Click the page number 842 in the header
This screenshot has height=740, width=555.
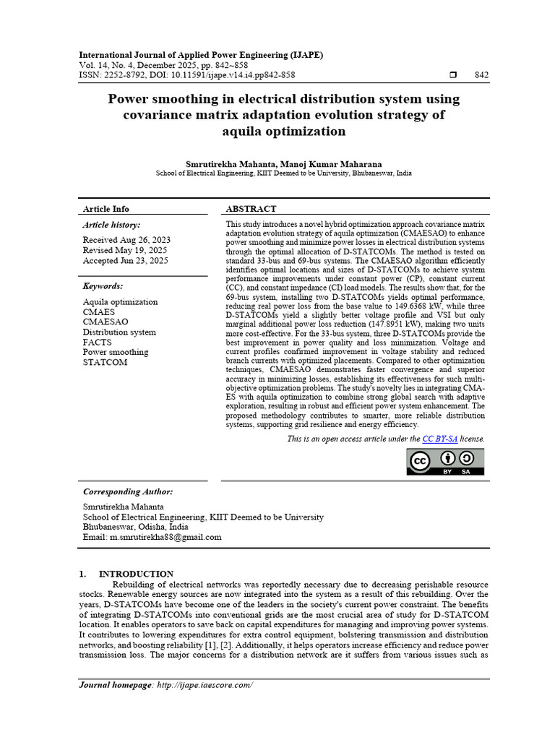(x=481, y=75)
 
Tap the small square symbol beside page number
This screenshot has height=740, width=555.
(x=453, y=75)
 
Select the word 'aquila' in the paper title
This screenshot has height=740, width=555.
(x=252, y=132)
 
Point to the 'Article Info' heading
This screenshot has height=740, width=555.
(x=106, y=209)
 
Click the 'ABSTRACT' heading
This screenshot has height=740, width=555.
(x=251, y=209)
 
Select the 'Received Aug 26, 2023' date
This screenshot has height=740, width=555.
(x=126, y=240)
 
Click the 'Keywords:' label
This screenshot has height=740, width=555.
(x=103, y=286)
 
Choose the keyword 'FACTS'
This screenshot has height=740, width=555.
(x=97, y=342)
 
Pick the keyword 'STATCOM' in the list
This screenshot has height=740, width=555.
(x=105, y=362)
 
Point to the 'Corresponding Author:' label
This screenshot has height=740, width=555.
(x=128, y=491)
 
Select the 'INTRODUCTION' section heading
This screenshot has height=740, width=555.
(x=136, y=574)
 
